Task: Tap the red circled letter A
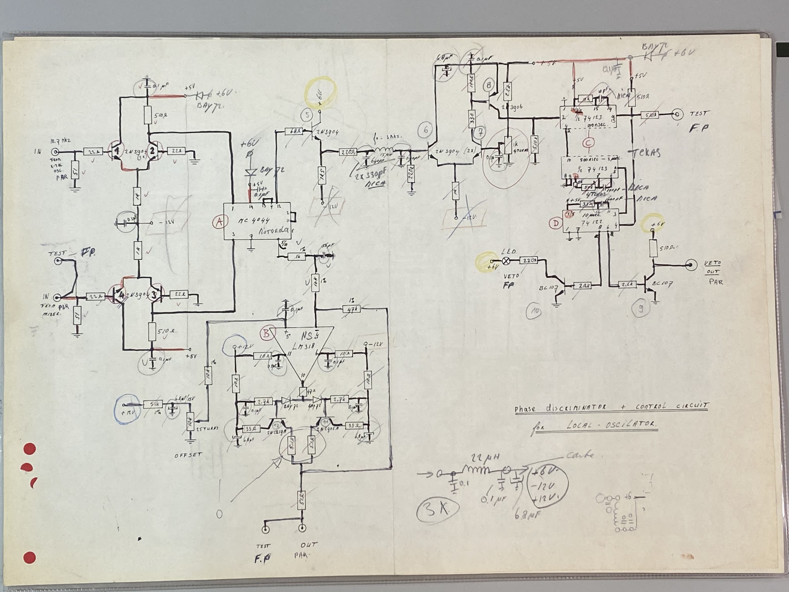(219, 222)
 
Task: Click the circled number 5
(307, 115)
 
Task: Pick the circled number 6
(426, 130)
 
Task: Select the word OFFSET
(188, 455)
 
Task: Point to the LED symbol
(506, 261)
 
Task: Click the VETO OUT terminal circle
(690, 265)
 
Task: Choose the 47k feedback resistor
(352, 309)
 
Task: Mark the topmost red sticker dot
(30, 449)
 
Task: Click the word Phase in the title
(525, 409)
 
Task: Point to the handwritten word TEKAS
(646, 153)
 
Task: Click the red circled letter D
(556, 223)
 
